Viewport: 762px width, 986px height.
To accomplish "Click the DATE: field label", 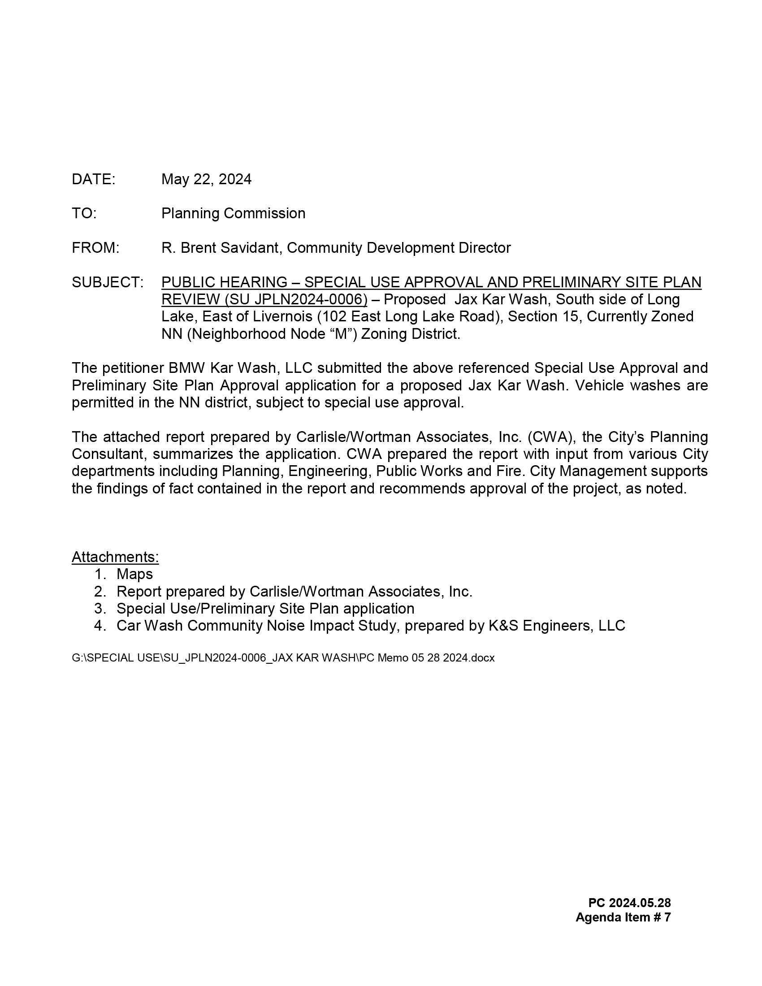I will pos(93,179).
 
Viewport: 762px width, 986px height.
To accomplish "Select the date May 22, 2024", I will pos(206,179).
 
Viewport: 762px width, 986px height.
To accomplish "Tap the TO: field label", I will pos(84,213).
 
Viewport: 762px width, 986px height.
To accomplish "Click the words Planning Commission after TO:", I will pos(233,213).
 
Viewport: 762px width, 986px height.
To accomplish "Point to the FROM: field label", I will pos(95,248).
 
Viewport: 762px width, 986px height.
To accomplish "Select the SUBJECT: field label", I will pos(108,282).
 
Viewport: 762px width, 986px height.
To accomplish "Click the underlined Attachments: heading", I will pos(115,557).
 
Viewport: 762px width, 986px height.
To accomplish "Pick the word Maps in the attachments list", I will pos(134,574).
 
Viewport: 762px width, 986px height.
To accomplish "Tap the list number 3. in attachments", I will pos(100,609).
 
